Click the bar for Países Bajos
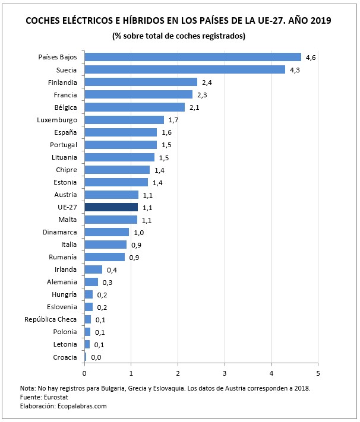(192, 57)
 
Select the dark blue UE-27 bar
(111, 207)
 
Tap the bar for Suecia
(185, 69)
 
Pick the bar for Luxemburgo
(124, 120)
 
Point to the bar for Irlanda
(93, 269)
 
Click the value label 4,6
(311, 58)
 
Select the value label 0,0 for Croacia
(96, 357)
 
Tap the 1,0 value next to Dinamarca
(138, 233)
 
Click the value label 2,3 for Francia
(203, 95)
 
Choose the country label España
(64, 132)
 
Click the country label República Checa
(50, 319)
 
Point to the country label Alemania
(62, 282)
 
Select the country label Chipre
(66, 170)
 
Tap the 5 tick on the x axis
(318, 373)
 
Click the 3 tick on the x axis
(225, 373)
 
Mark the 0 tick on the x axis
(84, 373)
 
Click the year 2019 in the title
(320, 21)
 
